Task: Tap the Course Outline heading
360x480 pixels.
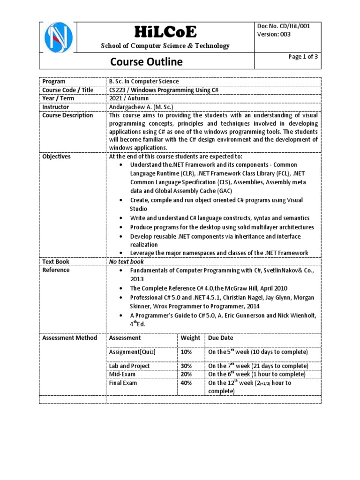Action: pyautogui.click(x=146, y=62)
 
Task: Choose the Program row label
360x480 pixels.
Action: pyautogui.click(x=54, y=82)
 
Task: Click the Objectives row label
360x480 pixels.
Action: pyautogui.click(x=56, y=157)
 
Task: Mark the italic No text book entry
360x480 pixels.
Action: pyautogui.click(x=127, y=262)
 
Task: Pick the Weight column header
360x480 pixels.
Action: pyautogui.click(x=190, y=337)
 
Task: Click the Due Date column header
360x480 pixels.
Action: pyautogui.click(x=221, y=337)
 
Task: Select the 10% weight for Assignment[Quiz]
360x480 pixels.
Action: pyautogui.click(x=186, y=352)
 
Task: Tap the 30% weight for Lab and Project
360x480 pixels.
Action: pyautogui.click(x=186, y=366)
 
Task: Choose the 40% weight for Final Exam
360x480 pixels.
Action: pyautogui.click(x=186, y=383)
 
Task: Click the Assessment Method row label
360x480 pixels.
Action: pyautogui.click(x=69, y=337)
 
